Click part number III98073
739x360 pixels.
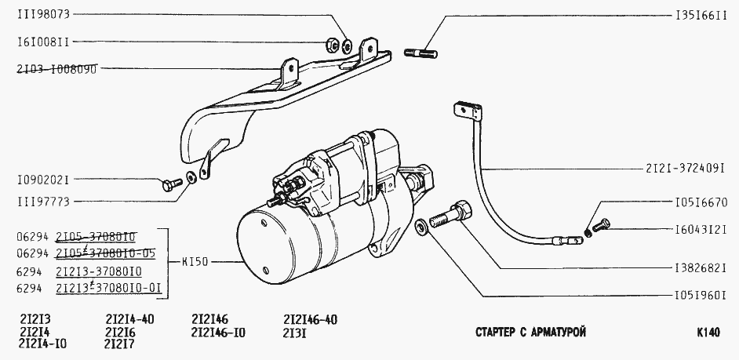(43, 14)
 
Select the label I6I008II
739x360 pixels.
(43, 42)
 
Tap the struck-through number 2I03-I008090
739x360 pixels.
(56, 69)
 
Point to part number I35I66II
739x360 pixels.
(701, 15)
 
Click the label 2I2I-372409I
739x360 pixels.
(685, 168)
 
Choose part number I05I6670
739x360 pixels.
(701, 202)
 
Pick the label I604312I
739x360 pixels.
(701, 230)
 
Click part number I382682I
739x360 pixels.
(701, 268)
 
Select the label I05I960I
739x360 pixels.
(701, 296)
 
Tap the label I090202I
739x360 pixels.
(43, 180)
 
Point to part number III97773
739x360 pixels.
(43, 202)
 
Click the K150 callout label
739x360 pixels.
(195, 261)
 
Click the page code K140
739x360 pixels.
(708, 333)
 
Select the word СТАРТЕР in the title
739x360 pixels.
(495, 333)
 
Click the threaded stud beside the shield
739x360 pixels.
(420, 53)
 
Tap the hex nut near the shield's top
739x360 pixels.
(333, 45)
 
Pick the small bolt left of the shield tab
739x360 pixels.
(172, 184)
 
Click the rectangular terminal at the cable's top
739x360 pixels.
(468, 111)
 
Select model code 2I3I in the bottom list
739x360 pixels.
(295, 333)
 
